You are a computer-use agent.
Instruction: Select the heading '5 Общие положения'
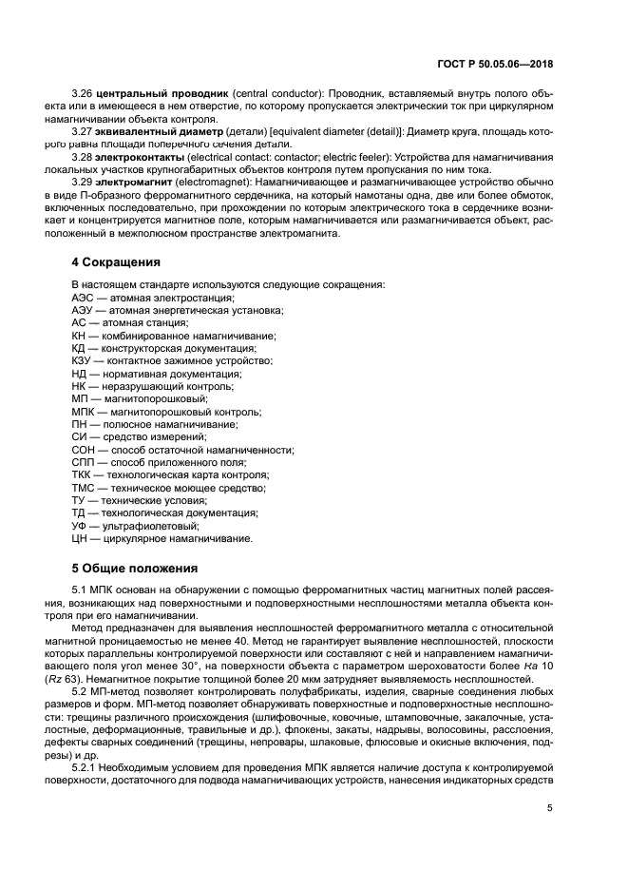(135, 569)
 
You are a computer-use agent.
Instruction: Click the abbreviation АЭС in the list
(84, 298)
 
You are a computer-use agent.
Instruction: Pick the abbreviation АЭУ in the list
(84, 311)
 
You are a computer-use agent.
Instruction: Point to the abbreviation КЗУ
(84, 361)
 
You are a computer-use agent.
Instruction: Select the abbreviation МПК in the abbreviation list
(85, 413)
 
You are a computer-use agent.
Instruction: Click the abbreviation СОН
(85, 450)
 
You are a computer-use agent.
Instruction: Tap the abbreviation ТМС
(85, 488)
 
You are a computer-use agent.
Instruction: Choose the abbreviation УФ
(80, 526)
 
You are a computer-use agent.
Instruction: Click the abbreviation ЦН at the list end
(80, 539)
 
